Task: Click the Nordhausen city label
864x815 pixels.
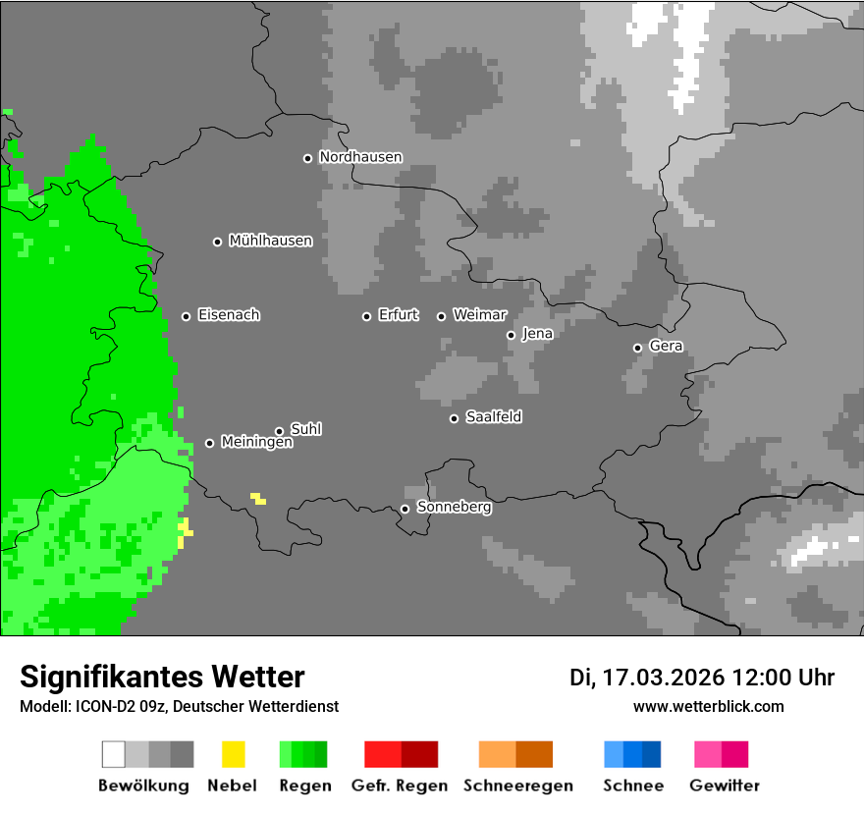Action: [360, 157]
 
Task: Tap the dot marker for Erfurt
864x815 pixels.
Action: [366, 316]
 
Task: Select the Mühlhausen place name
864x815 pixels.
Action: [270, 241]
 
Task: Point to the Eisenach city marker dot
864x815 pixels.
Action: [186, 316]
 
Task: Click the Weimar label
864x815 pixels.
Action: [479, 315]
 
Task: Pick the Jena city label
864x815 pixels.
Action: [537, 334]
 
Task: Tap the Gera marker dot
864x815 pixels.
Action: [637, 348]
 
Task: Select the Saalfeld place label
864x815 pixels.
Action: [493, 417]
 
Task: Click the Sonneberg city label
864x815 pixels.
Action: [454, 508]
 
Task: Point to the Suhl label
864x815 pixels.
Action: [305, 429]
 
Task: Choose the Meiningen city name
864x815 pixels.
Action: [256, 443]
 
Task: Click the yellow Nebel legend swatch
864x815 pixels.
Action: [233, 754]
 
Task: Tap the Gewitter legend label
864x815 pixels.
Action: [724, 786]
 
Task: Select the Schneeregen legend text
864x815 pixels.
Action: [517, 786]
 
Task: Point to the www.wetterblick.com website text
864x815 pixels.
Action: [708, 706]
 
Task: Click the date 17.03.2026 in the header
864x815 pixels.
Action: [663, 678]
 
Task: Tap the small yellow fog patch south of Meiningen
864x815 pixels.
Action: [258, 499]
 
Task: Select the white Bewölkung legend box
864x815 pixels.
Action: [114, 754]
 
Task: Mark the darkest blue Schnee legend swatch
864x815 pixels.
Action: [652, 754]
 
